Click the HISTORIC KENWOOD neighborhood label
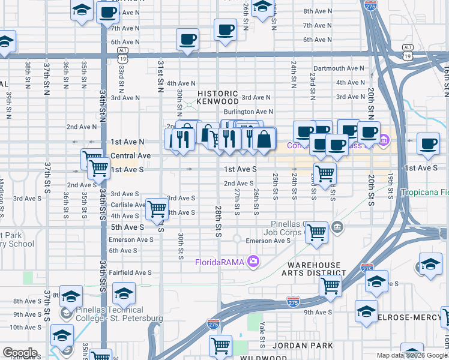218,97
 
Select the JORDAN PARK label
293,346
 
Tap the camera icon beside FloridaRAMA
253,261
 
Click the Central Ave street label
131,156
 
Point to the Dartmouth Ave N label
339,69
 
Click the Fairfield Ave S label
130,272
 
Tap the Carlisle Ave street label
128,205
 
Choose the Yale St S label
262,334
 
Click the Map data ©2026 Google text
412,355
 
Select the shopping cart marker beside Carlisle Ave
157,209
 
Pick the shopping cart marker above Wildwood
220,346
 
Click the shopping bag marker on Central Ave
264,139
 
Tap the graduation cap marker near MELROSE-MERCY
366,311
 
